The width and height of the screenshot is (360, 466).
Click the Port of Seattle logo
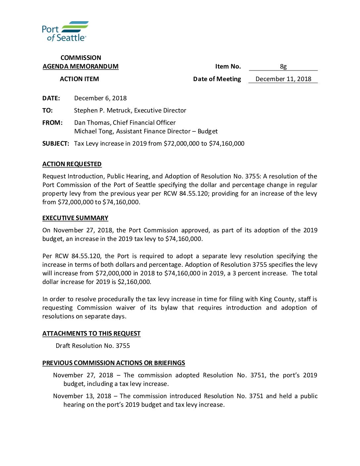pyautogui.click(x=65, y=31)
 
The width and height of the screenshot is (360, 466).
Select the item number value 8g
pyautogui.click(x=283, y=67)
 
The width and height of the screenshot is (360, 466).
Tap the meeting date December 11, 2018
pyautogui.click(x=283, y=79)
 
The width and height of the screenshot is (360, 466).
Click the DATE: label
pyautogui.click(x=51, y=98)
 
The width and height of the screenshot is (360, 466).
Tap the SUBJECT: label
pyautogui.click(x=56, y=144)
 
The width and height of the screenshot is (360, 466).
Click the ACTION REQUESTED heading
pyautogui.click(x=72, y=164)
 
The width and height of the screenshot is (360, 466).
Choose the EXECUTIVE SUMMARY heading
pyautogui.click(x=75, y=218)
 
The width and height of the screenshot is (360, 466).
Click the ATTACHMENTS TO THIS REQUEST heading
pyautogui.click(x=91, y=334)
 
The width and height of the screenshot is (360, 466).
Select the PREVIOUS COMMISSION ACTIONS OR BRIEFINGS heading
pyautogui.click(x=113, y=363)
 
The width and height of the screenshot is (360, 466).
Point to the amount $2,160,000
pyautogui.click(x=134, y=282)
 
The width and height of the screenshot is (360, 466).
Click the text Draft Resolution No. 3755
pyautogui.click(x=93, y=346)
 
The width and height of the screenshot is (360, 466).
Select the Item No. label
pyautogui.click(x=228, y=67)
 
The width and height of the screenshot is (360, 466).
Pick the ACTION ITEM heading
pyautogui.click(x=79, y=79)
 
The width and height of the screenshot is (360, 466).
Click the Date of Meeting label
pyautogui.click(x=217, y=79)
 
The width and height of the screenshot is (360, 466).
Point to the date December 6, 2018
pyautogui.click(x=100, y=98)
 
